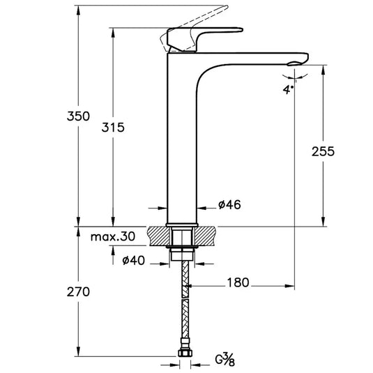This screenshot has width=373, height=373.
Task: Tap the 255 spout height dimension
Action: [x=324, y=151]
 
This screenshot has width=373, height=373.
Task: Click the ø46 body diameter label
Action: [x=229, y=204]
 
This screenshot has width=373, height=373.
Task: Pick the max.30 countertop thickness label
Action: [x=113, y=237]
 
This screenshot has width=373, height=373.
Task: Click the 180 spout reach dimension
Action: [x=238, y=283]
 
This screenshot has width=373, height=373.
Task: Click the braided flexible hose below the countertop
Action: [x=184, y=307]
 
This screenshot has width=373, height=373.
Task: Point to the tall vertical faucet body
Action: [x=183, y=139]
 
